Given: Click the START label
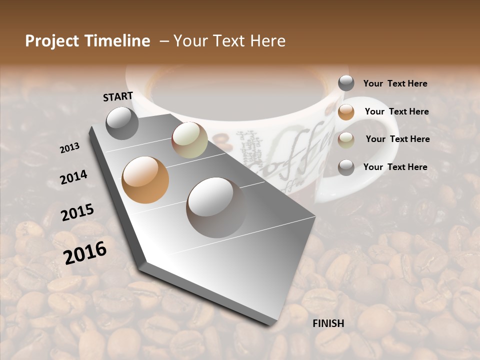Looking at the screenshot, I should pos(118,96).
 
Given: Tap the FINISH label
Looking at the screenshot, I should pos(328,323).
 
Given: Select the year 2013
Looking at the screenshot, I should pos(69,148).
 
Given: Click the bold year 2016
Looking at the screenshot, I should pos(85,252).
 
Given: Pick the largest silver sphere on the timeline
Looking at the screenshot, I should pos(216,207).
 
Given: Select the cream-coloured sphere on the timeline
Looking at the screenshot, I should pos(189,140).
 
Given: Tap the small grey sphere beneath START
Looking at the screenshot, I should pos(122,123).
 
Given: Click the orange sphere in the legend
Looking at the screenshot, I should pos(346,112).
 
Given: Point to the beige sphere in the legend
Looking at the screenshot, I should pos(346,140).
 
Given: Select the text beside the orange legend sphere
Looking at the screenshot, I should pos(396,111).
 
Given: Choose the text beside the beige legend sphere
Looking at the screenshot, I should pos(397,139).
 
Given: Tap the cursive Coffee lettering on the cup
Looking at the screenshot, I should pos(295,150).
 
